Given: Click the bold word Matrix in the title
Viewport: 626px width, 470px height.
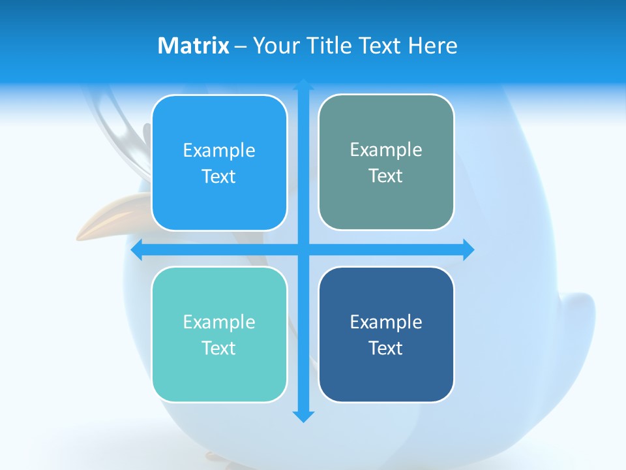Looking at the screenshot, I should pyautogui.click(x=193, y=46).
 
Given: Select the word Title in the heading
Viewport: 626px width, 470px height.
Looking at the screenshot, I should pyautogui.click(x=330, y=46).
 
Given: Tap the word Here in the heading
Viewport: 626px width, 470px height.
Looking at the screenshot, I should pyautogui.click(x=432, y=46).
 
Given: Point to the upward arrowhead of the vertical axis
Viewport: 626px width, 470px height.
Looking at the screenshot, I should pyautogui.click(x=303, y=84).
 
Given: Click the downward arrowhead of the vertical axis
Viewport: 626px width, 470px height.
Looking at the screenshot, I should pyautogui.click(x=303, y=416).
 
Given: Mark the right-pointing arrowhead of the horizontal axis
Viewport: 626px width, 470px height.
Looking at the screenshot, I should pyautogui.click(x=468, y=249).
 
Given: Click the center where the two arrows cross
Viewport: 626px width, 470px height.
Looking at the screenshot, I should pyautogui.click(x=303, y=249).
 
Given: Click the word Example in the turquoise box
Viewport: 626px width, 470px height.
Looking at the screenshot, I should pyautogui.click(x=219, y=322).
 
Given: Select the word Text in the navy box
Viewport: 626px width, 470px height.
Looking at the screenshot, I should pyautogui.click(x=386, y=348).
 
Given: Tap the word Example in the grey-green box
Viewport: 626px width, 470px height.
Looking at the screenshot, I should pyautogui.click(x=386, y=150).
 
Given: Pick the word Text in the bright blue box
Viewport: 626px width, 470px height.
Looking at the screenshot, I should pyautogui.click(x=219, y=177).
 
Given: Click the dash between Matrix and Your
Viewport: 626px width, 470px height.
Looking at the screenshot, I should pyautogui.click(x=241, y=46).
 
